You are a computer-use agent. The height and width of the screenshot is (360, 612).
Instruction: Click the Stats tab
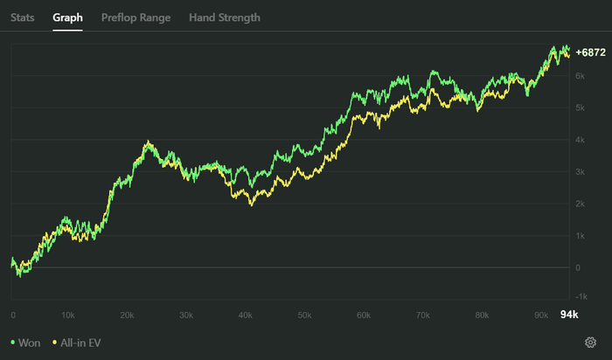pos(23,17)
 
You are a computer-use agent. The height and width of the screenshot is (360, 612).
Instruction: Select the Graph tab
pos(67,17)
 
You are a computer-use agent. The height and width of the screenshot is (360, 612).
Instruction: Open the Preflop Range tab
pos(136,17)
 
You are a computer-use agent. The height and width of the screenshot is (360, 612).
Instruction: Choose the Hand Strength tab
pos(224,17)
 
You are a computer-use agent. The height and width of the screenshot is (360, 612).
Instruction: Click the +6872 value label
pos(590,52)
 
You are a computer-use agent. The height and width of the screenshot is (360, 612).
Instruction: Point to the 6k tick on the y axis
pos(580,76)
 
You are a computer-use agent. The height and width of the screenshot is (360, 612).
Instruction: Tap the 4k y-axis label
pos(580,140)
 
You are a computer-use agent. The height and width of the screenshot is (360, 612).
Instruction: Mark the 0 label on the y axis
pos(577,268)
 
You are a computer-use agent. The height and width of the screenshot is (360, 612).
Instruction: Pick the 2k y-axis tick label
pos(580,204)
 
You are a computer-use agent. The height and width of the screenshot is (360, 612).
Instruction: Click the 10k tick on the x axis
pos(69,315)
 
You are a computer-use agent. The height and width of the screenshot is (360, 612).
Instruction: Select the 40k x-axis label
pos(245,315)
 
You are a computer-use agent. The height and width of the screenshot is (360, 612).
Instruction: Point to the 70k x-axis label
pos(422,315)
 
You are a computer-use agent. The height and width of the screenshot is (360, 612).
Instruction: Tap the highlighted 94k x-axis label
pos(569,315)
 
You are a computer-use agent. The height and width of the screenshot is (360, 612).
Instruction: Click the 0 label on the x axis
pos(13,315)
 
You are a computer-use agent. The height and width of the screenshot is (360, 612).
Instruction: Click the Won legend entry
pos(25,343)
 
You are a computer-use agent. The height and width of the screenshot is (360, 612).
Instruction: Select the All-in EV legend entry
pos(77,343)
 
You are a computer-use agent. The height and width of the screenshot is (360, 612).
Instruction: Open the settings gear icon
pos(591,343)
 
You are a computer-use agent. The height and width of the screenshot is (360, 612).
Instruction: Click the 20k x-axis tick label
pos(127,315)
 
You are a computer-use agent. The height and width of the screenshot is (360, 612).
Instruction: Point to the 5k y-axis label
pos(580,108)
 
